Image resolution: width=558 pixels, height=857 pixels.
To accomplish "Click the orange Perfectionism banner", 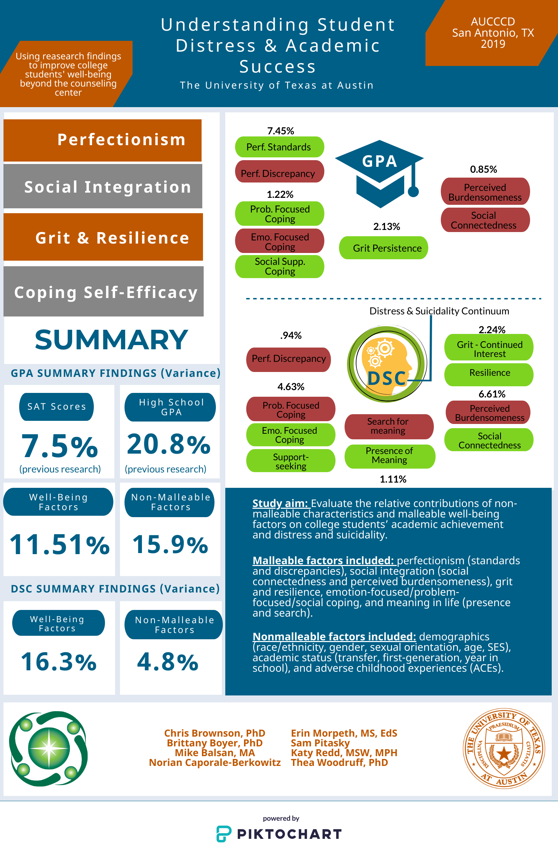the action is pos(103,140).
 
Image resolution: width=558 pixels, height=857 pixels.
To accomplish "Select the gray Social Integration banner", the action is pos(103,186).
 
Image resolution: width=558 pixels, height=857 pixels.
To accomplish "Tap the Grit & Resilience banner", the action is pos(103,237).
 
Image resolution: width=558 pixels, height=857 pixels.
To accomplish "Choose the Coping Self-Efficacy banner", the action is pos(104,291).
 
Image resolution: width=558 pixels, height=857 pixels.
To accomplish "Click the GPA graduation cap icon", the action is pos(380,174).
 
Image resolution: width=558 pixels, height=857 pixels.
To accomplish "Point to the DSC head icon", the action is pos(387,364).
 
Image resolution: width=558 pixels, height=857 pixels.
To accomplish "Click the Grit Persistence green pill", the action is pos(383,248).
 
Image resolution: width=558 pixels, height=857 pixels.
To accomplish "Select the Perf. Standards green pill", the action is pos(279,147).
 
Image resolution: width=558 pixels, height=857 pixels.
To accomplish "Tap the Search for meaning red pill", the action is pos(389,426).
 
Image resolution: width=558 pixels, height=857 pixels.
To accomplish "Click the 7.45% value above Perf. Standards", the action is pos(280,131).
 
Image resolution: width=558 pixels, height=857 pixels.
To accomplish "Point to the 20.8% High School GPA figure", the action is pos(169,444).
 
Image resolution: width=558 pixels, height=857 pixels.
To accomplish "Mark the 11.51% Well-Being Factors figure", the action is pos(59,544).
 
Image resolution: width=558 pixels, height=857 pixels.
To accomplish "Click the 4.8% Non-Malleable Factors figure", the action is pos(168,662).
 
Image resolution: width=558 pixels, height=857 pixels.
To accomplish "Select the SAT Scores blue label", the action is pos(56,407).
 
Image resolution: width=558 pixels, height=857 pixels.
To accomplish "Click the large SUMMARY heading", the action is pos(111,340).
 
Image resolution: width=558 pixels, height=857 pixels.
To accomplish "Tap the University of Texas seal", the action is pos(504,748).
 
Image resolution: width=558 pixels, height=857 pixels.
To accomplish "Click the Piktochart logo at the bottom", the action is pos(279,834).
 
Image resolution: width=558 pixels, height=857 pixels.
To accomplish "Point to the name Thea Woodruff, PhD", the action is pos(339,762).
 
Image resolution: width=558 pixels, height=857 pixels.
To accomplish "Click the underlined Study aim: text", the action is pos(280,503).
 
